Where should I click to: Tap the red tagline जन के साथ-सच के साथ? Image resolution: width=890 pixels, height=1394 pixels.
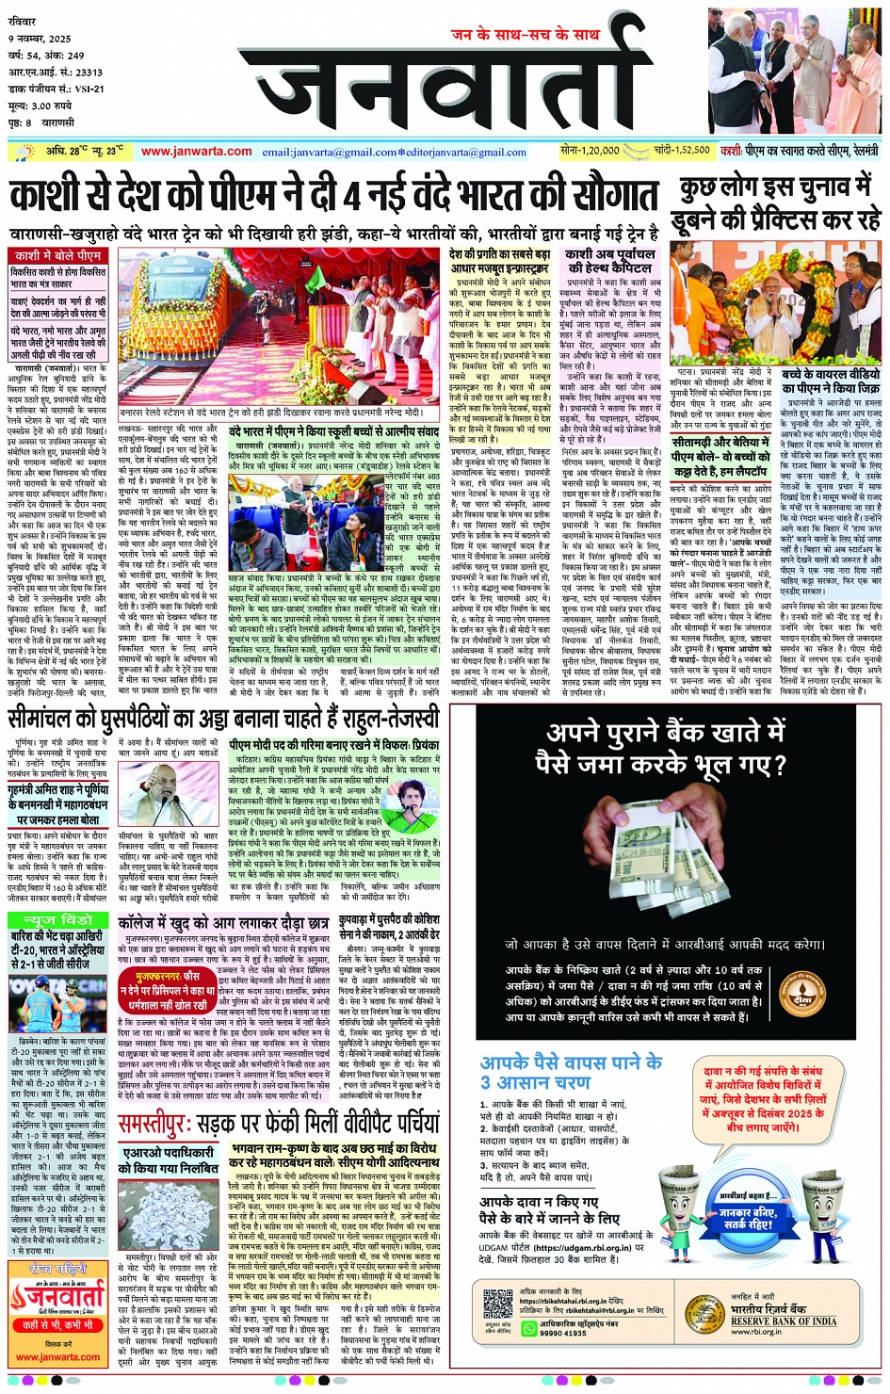[525, 34]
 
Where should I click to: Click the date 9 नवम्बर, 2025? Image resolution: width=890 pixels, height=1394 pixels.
[40, 39]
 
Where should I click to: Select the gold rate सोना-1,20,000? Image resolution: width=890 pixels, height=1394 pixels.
[590, 150]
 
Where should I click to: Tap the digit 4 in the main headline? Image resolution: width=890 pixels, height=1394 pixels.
[351, 197]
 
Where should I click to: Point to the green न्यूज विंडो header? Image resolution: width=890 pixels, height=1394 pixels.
[58, 919]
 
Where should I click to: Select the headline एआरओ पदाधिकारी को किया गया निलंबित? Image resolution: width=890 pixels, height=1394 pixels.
[169, 1159]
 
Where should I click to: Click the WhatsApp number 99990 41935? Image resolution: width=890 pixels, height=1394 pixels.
[562, 1334]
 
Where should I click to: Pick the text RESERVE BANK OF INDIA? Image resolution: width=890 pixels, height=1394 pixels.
[784, 1321]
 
